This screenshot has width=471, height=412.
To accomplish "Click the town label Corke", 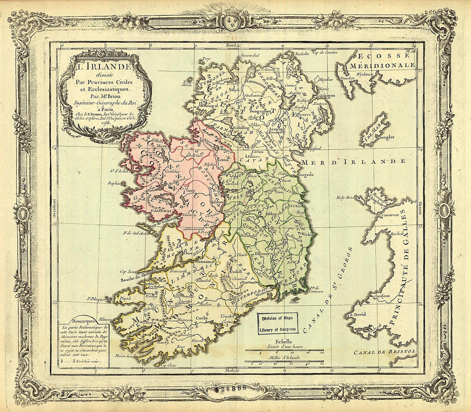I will [x=201, y=318].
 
